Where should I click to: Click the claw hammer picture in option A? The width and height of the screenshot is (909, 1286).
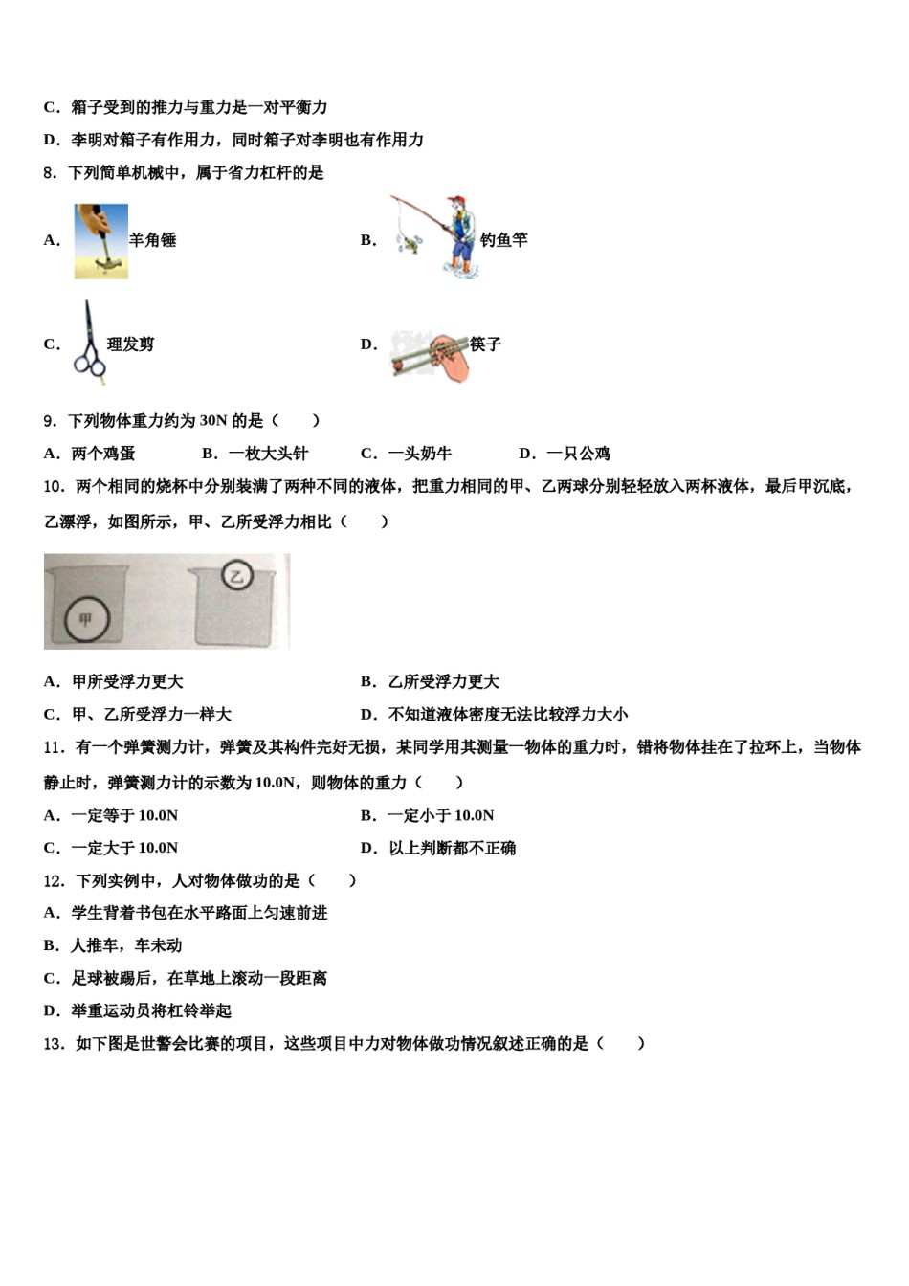pyautogui.click(x=101, y=241)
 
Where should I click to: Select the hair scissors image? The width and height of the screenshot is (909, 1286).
pyautogui.click(x=89, y=344)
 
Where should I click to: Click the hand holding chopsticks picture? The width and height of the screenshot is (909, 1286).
pyautogui.click(x=431, y=355)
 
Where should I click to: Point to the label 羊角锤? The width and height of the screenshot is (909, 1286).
pyautogui.click(x=153, y=240)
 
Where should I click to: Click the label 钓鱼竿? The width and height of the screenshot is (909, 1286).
pyautogui.click(x=504, y=240)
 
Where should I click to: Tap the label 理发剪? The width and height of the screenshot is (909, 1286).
pyautogui.click(x=131, y=344)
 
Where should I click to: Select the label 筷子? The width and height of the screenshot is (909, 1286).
pyautogui.click(x=486, y=344)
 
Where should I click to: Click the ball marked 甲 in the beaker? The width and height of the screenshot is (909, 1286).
pyautogui.click(x=86, y=620)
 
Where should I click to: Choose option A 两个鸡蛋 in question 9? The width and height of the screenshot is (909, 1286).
pyautogui.click(x=91, y=454)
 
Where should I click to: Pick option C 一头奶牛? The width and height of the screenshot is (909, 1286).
pyautogui.click(x=407, y=454)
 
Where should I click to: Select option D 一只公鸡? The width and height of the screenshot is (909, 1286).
pyautogui.click(x=565, y=454)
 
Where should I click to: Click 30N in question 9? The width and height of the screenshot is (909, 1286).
pyautogui.click(x=212, y=420)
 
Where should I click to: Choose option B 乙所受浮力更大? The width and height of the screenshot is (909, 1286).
pyautogui.click(x=431, y=681)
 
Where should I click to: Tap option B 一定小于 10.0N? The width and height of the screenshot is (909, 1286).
pyautogui.click(x=428, y=815)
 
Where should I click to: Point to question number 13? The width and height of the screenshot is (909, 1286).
pyautogui.click(x=55, y=1043)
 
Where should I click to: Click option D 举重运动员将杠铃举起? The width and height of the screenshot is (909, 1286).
pyautogui.click(x=138, y=1010)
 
